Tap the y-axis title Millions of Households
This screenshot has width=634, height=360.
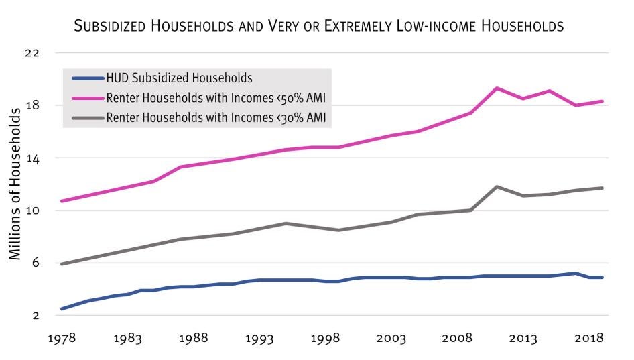tap(15, 182)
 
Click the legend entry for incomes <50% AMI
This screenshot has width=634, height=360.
tap(219, 98)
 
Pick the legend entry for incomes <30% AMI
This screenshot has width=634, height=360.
tap(219, 118)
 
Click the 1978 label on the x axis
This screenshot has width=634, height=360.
tap(61, 339)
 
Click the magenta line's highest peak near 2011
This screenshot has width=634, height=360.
tap(497, 88)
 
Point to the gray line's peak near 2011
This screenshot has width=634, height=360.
tap(497, 186)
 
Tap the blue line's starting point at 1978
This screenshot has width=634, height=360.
tap(62, 308)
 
